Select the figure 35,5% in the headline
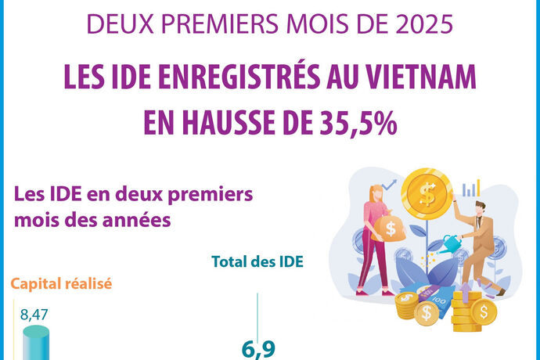click(x=353, y=123)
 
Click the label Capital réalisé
click(x=60, y=284)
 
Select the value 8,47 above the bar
click(x=34, y=315)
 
